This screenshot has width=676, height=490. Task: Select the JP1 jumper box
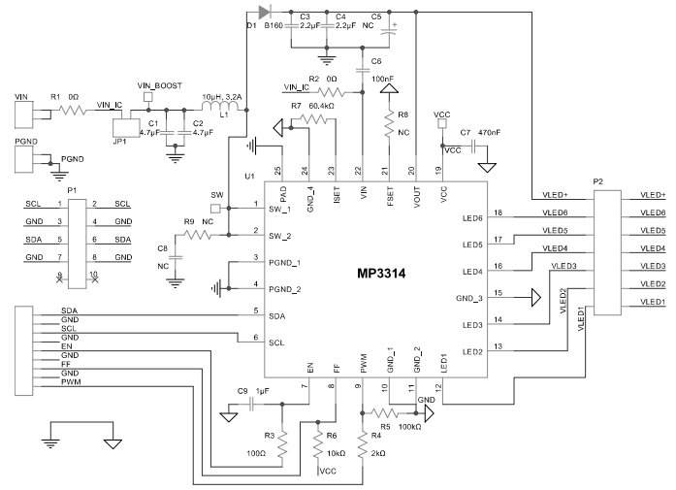coord(126,126)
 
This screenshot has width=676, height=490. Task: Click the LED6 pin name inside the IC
coord(472,217)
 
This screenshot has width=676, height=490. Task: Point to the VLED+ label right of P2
coord(652,195)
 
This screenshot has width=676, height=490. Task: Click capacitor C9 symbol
coord(252,402)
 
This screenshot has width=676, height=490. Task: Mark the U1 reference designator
coord(249,177)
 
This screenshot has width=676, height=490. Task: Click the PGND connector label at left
coord(26,142)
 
